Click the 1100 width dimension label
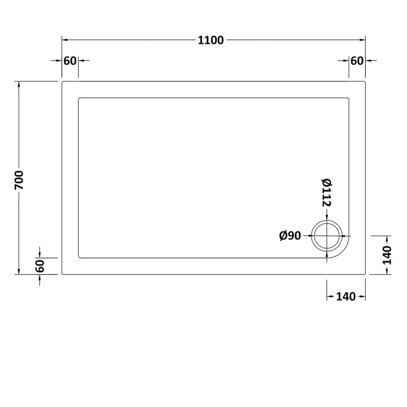pyautogui.click(x=211, y=41)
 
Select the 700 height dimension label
pyautogui.click(x=19, y=180)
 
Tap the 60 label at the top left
pyautogui.click(x=70, y=61)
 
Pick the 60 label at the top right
pyautogui.click(x=357, y=61)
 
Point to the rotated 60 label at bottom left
pyautogui.click(x=41, y=266)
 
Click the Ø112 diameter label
pyautogui.click(x=326, y=192)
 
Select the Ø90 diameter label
pyautogui.click(x=290, y=236)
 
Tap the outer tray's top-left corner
pyautogui.click(x=63, y=81)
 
